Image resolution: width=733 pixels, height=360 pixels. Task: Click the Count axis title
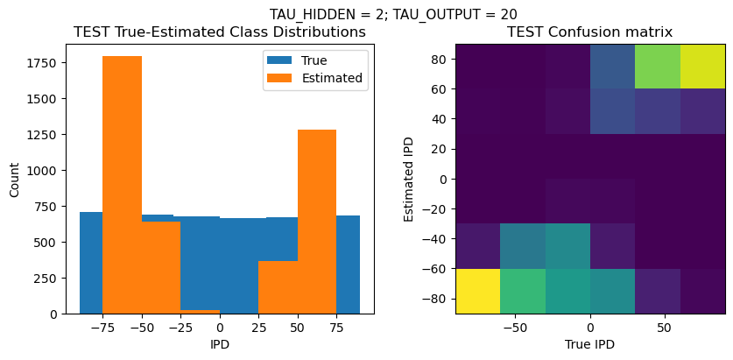click(15, 179)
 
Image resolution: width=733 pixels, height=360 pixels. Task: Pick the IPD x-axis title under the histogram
click(219, 345)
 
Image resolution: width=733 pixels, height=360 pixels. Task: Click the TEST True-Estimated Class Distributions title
click(219, 32)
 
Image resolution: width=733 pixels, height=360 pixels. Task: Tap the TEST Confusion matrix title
click(590, 32)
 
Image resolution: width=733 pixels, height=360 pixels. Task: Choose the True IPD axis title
click(590, 345)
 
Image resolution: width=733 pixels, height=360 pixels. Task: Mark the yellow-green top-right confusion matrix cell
click(702, 66)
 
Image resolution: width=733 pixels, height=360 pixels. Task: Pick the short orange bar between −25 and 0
click(200, 311)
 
